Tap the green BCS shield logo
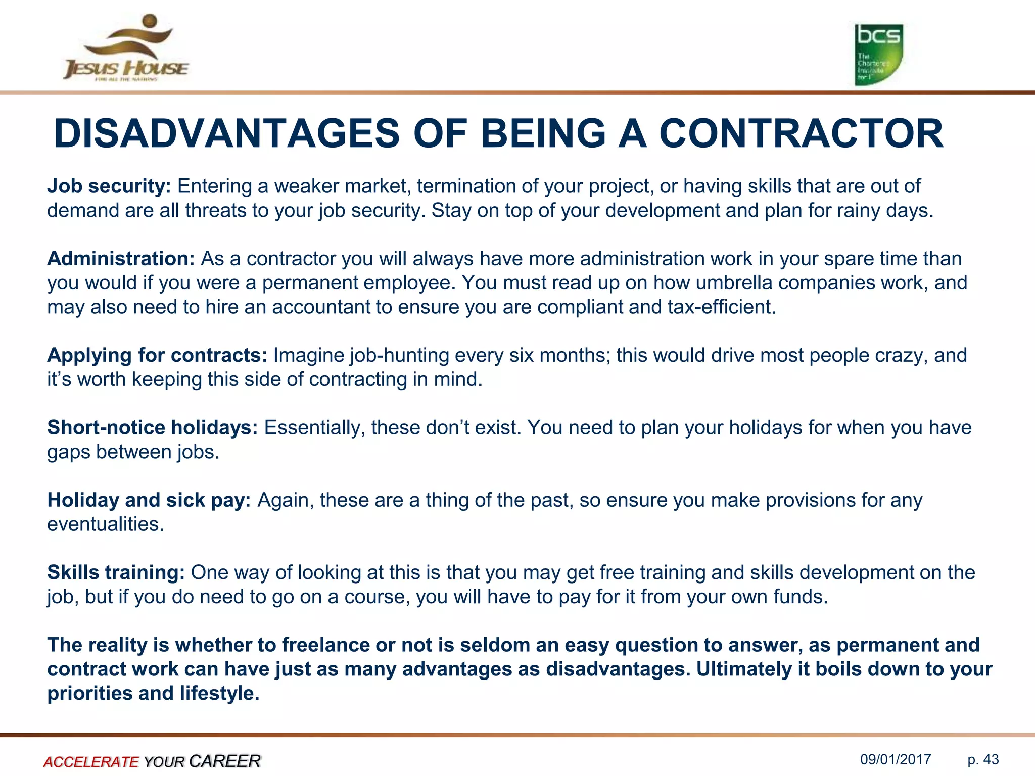[x=878, y=54]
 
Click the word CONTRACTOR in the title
[x=801, y=134]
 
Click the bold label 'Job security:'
[x=109, y=186]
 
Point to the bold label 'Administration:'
[x=121, y=259]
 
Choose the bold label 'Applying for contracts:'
[x=157, y=355]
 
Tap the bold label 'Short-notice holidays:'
[x=153, y=427]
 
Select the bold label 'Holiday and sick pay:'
[x=149, y=500]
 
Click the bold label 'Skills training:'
[x=116, y=572]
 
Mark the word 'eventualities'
[x=105, y=524]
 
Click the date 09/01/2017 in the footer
[x=896, y=760]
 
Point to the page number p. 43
[x=983, y=760]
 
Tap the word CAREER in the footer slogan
[x=225, y=761]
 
